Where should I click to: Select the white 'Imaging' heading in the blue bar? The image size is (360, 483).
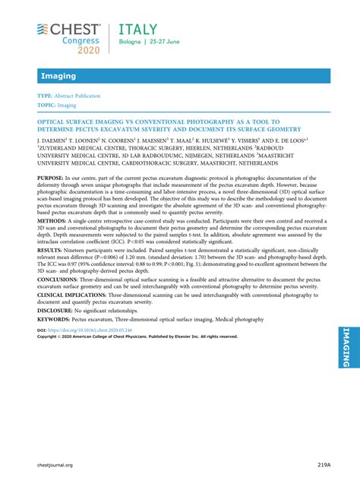(x=58, y=76)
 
